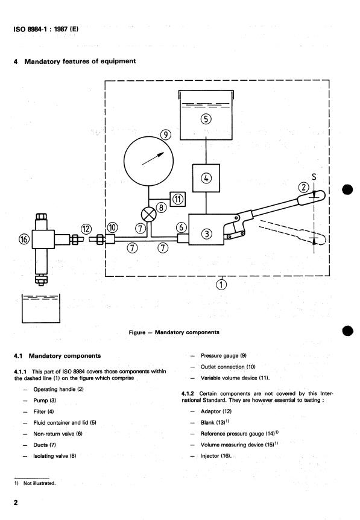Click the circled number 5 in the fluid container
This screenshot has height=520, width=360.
click(x=206, y=119)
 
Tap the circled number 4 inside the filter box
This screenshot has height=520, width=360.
click(x=206, y=178)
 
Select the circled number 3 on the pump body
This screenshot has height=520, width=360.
click(x=206, y=234)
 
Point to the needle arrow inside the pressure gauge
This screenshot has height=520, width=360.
click(x=153, y=159)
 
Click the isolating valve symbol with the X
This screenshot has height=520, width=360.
click(x=149, y=214)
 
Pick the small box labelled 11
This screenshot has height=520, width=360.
click(x=178, y=199)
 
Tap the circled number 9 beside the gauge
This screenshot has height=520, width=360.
click(x=165, y=135)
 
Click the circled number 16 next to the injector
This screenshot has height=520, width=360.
click(x=24, y=239)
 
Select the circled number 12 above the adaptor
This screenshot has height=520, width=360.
click(x=86, y=229)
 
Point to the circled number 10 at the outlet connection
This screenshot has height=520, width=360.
click(x=112, y=227)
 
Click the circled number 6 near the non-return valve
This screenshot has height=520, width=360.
click(x=181, y=227)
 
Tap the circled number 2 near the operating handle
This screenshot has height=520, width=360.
click(x=304, y=188)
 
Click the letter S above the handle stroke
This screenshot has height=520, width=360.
click(x=314, y=177)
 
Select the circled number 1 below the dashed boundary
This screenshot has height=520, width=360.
click(x=221, y=284)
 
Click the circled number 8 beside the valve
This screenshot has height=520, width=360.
click(x=161, y=208)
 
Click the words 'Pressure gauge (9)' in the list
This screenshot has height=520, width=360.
click(x=224, y=355)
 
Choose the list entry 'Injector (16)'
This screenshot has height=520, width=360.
click(x=216, y=455)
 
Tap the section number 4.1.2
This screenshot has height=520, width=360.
click(x=188, y=394)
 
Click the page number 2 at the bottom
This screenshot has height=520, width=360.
click(x=16, y=503)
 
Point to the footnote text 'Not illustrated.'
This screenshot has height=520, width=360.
click(x=39, y=483)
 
